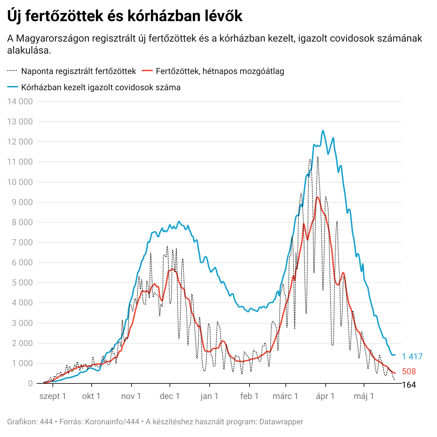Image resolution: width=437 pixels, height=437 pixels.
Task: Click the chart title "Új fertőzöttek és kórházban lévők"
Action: (x=125, y=16)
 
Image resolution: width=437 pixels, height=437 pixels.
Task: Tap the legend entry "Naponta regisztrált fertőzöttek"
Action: (x=78, y=71)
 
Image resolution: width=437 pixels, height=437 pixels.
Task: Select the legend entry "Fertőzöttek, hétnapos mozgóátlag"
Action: (x=220, y=71)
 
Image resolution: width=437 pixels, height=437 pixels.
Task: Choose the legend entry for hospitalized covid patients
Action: (x=101, y=87)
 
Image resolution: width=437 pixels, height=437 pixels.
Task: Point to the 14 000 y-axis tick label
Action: (x=20, y=101)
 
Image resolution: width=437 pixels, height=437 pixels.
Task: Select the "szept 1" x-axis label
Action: (x=53, y=396)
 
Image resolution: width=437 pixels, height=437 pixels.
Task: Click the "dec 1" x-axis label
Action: (x=170, y=396)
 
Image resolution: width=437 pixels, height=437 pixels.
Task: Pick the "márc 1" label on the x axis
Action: (x=285, y=396)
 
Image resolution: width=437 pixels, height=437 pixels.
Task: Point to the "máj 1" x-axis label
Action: (x=364, y=396)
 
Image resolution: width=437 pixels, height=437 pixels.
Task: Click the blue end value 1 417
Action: (x=412, y=357)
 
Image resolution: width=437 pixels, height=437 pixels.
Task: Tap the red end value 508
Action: (x=409, y=371)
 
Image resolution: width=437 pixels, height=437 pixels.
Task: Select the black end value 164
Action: (x=409, y=385)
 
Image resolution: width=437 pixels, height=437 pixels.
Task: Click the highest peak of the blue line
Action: (x=323, y=131)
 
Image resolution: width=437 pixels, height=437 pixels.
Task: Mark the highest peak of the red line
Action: (x=318, y=197)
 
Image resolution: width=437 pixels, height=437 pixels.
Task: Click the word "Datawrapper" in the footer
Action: (x=281, y=422)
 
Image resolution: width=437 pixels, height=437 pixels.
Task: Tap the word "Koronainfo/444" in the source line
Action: (x=112, y=422)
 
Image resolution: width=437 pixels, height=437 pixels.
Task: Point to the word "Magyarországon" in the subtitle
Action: (x=53, y=38)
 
